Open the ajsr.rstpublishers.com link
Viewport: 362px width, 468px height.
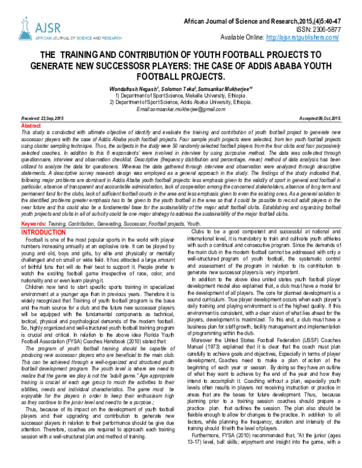pyautogui.click(x=317, y=37)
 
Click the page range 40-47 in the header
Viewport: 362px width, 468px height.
pyautogui.click(x=349, y=19)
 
